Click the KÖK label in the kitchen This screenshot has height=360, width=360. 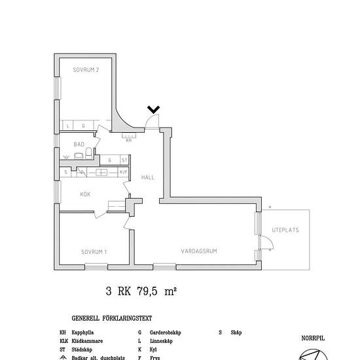(85, 194)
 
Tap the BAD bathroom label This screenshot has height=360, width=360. (79, 144)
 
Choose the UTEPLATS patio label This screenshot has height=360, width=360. (285, 230)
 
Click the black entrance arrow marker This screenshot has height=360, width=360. (154, 110)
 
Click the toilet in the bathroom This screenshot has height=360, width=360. (79, 155)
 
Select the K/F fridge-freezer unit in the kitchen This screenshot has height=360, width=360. (122, 172)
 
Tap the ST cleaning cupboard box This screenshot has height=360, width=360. (122, 160)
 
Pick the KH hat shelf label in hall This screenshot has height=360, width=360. (128, 139)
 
